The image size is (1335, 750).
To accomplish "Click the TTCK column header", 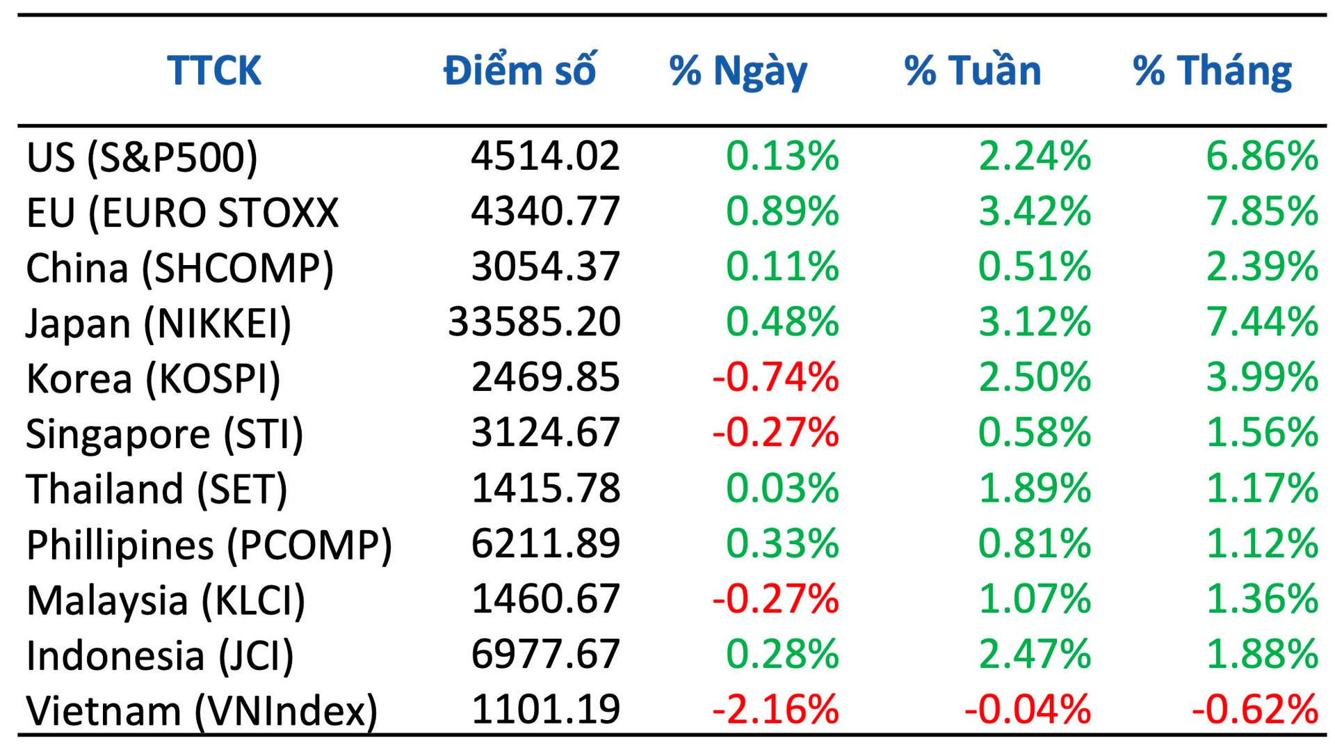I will [x=214, y=70].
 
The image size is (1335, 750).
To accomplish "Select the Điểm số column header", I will [x=520, y=70].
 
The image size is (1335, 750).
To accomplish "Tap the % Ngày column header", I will [x=738, y=72].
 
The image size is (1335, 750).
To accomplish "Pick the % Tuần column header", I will [x=973, y=70].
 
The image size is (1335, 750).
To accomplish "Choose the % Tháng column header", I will [x=1212, y=72].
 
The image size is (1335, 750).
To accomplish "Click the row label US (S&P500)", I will [x=142, y=157].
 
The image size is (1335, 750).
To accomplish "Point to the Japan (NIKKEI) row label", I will [x=159, y=323].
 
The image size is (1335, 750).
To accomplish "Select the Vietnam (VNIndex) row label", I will [x=202, y=710].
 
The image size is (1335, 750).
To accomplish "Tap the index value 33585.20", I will [x=534, y=322].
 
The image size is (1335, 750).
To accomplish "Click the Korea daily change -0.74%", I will [x=775, y=377].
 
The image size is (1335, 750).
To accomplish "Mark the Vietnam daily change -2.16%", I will [x=775, y=710].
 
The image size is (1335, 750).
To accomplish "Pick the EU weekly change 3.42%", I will [x=1035, y=212].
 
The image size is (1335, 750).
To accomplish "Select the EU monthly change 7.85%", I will [x=1262, y=212].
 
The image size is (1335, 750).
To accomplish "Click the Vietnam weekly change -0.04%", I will [x=1028, y=710].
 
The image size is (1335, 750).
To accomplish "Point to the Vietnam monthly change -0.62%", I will [x=1255, y=710].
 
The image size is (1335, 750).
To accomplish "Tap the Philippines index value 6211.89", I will [x=546, y=543].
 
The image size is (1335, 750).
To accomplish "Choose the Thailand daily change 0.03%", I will [x=782, y=488].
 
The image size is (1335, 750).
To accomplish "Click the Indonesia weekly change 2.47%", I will [x=1035, y=654].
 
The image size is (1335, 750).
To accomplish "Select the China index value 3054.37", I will [x=546, y=267].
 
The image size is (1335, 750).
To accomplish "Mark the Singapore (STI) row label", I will [x=165, y=433].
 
